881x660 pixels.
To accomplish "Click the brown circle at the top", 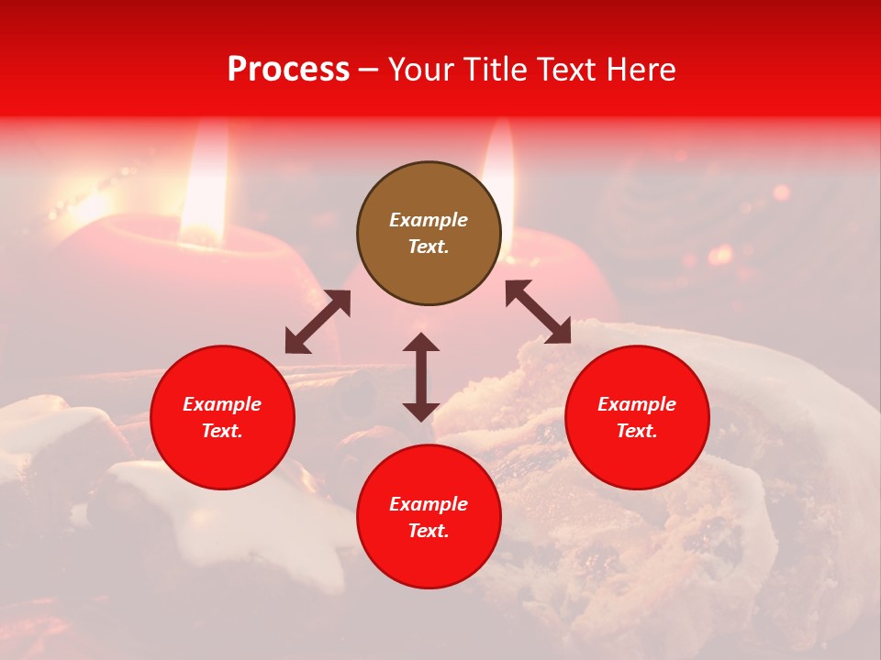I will (x=429, y=234).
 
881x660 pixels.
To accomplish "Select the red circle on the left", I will (x=222, y=417).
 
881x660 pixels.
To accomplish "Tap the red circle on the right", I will (x=637, y=417).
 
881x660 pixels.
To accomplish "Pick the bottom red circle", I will (x=429, y=517).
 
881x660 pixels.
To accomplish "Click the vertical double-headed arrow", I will (x=421, y=377).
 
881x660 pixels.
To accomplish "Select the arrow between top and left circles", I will (x=318, y=322).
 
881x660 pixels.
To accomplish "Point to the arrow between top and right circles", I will (x=538, y=312).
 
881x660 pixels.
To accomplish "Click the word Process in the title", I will (x=288, y=70).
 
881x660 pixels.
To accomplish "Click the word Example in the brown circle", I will (x=429, y=220).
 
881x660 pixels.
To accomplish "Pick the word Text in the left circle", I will (x=222, y=431).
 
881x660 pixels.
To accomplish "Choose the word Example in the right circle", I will (x=637, y=404).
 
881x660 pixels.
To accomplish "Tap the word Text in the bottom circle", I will (x=429, y=531).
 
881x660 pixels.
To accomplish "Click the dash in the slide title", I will (x=369, y=70).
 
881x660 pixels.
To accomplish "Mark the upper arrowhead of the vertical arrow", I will (x=421, y=343).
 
